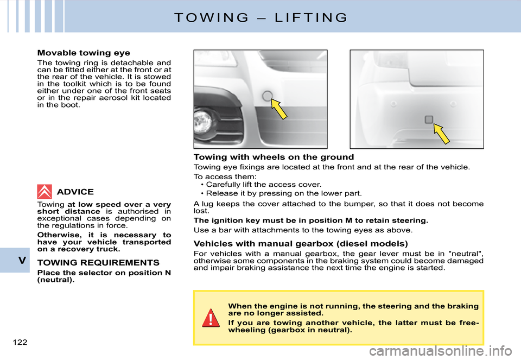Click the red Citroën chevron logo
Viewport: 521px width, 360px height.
[x=45, y=192]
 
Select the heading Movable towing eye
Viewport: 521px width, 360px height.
[x=84, y=53]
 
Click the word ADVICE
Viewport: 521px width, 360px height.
[x=75, y=192]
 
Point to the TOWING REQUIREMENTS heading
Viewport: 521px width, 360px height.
[x=98, y=262]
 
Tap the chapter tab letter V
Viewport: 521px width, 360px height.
[x=22, y=260]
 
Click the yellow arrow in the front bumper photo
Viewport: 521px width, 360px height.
[x=279, y=109]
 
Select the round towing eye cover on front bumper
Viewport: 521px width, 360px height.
[x=267, y=97]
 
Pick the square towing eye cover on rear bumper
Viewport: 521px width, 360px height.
[x=429, y=119]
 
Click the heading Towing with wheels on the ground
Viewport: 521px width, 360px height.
[x=274, y=157]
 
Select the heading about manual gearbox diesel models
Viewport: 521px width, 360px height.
[x=301, y=243]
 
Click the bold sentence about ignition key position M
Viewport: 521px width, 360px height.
[x=310, y=221]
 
